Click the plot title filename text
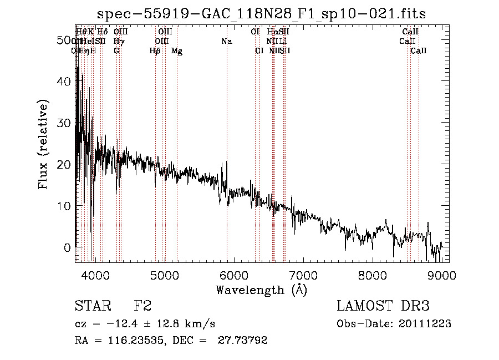pyautogui.click(x=261, y=14)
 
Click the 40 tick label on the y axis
pyautogui.click(x=65, y=82)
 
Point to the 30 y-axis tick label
pyautogui.click(x=65, y=123)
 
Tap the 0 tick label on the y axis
pyautogui.click(x=69, y=247)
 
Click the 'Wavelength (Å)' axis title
pyautogui.click(x=261, y=290)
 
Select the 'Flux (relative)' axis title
pyautogui.click(x=43, y=144)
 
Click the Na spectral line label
pyautogui.click(x=226, y=42)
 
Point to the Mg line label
pyautogui.click(x=177, y=51)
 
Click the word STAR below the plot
pyautogui.click(x=91, y=306)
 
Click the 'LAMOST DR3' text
pyautogui.click(x=383, y=306)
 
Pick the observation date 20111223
pyautogui.click(x=425, y=323)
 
